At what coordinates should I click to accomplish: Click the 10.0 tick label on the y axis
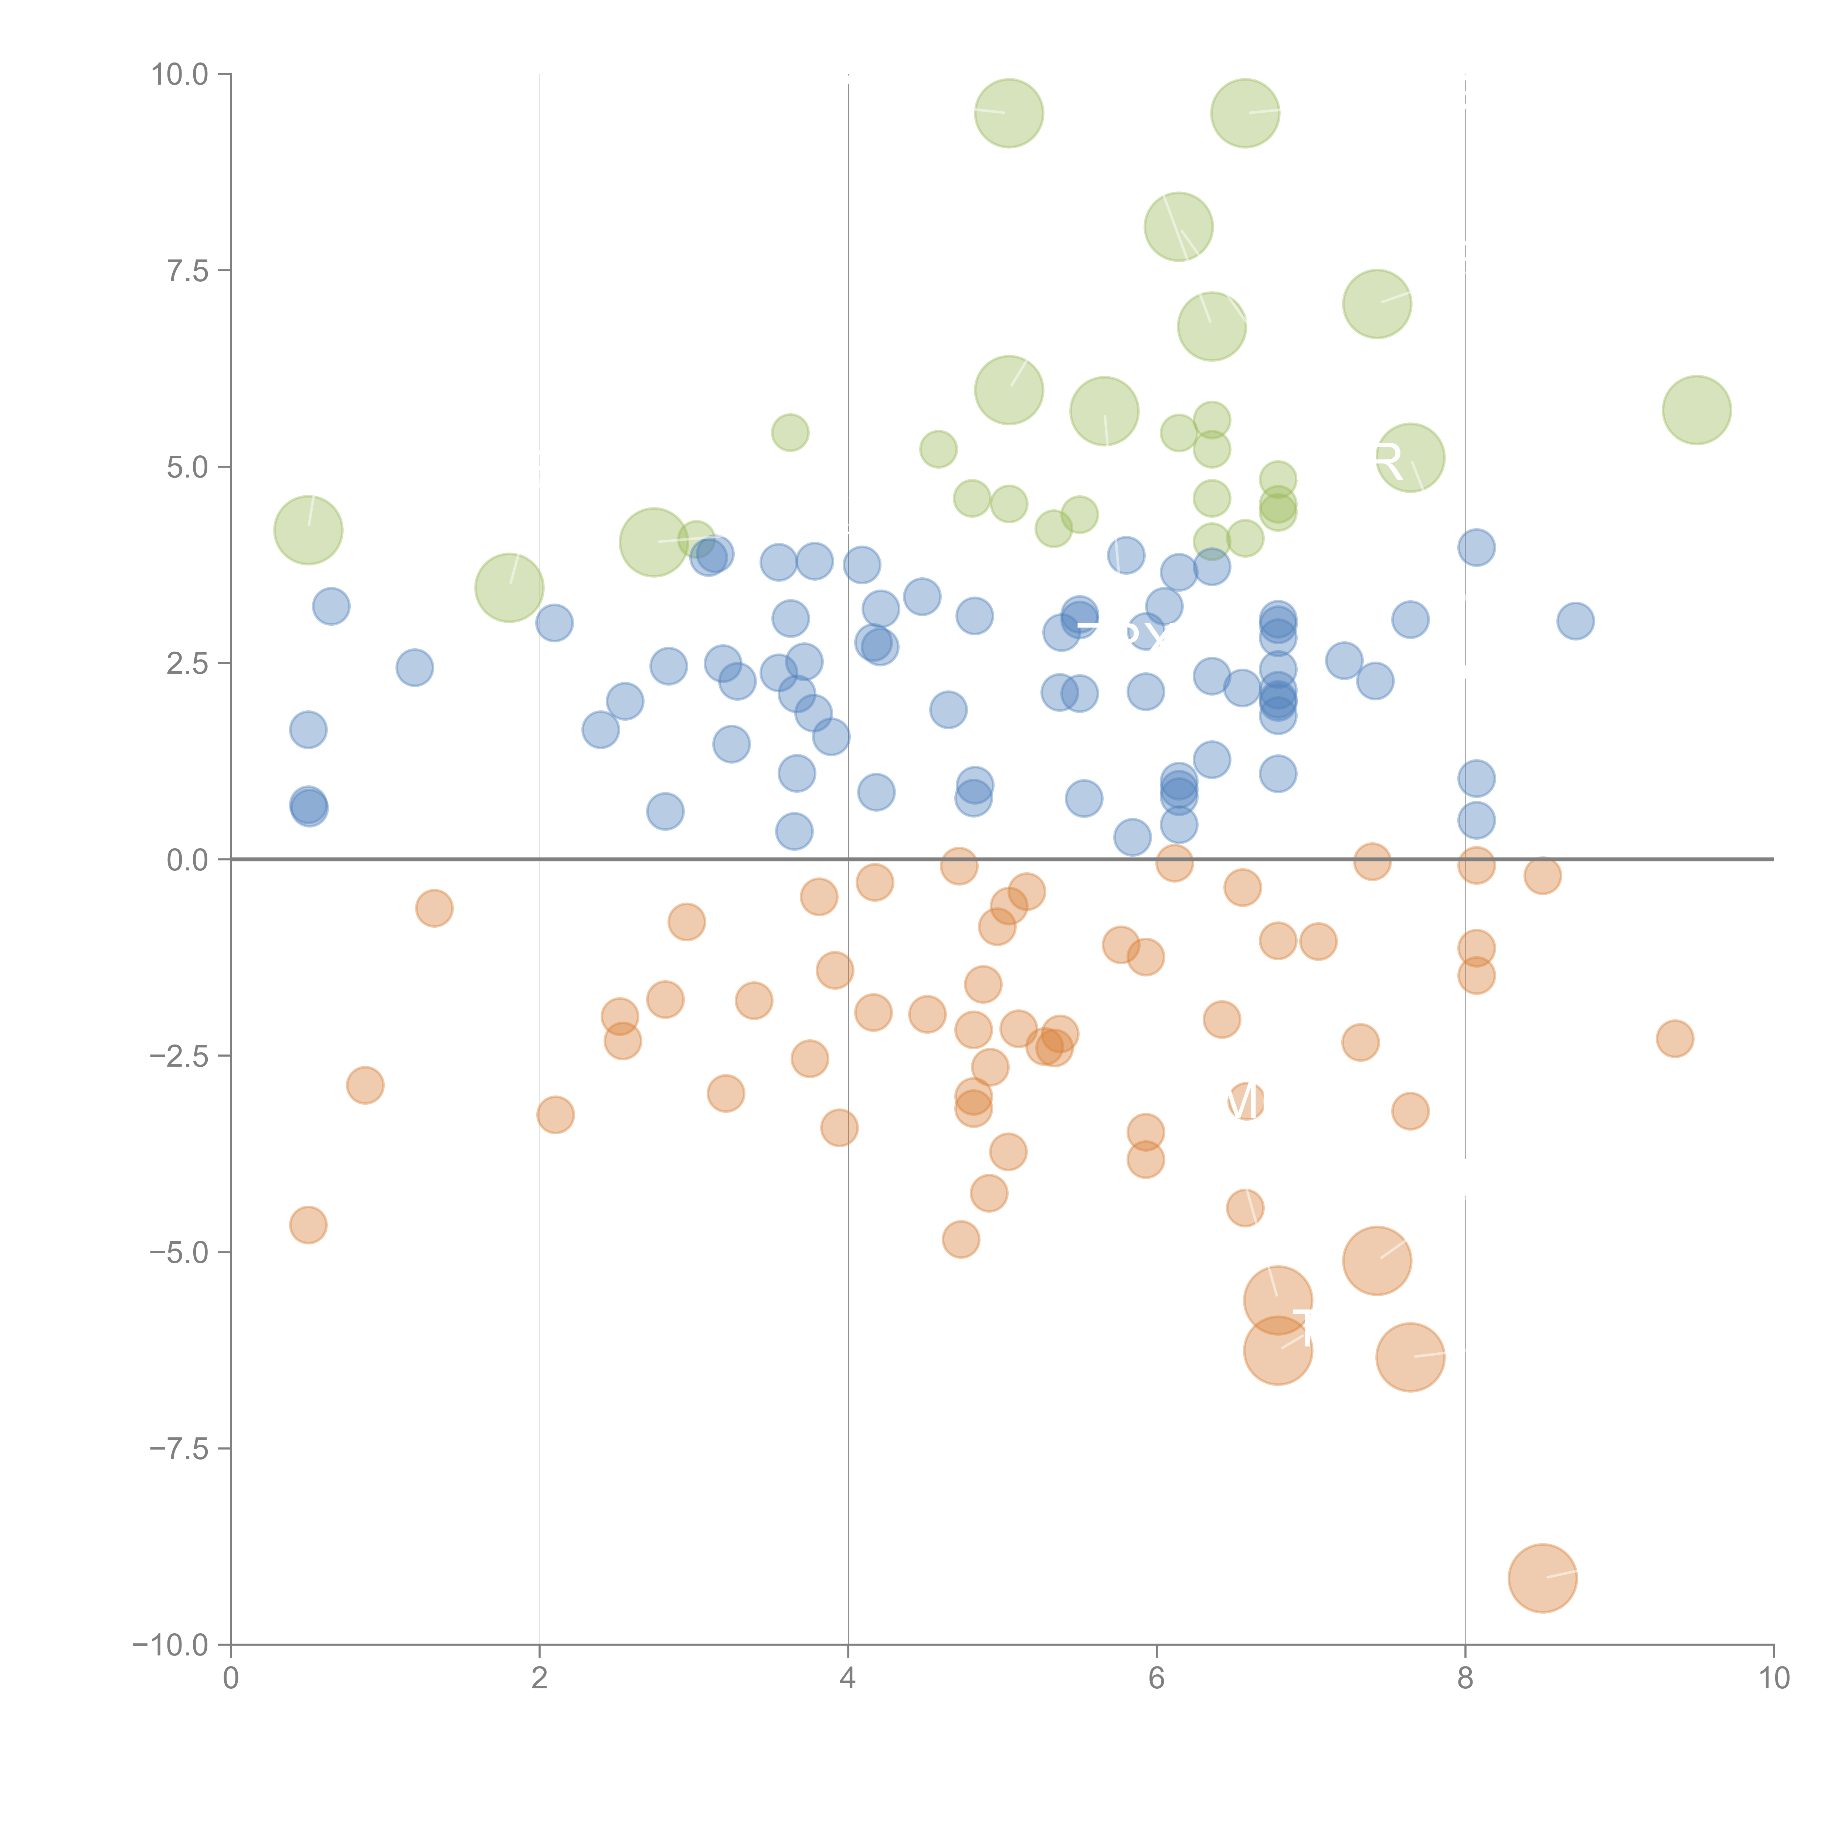180,75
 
